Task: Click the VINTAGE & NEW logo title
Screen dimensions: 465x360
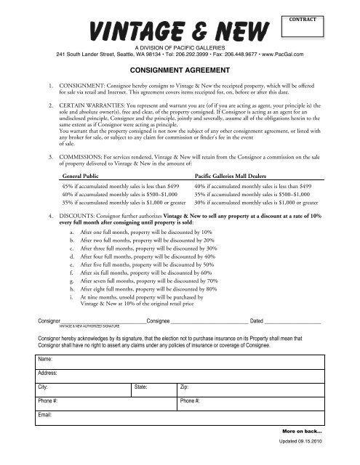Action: coord(180,31)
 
